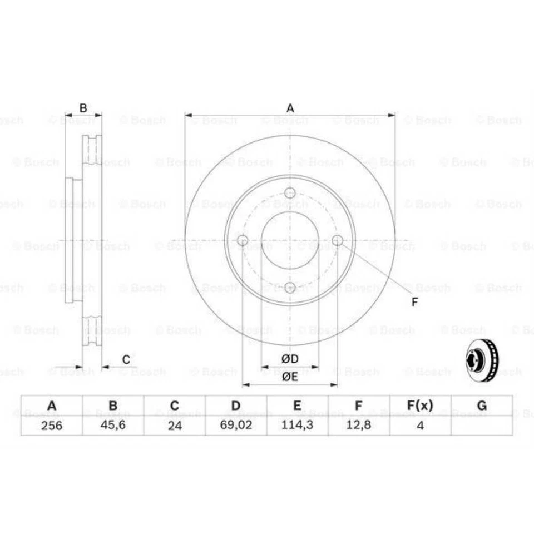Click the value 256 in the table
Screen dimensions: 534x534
click(x=52, y=426)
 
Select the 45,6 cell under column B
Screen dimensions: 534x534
click(x=113, y=426)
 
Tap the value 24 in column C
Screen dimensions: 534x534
click(x=175, y=426)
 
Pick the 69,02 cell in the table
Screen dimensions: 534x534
click(x=236, y=426)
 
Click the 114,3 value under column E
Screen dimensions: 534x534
click(x=298, y=426)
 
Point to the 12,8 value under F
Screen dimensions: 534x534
click(x=359, y=426)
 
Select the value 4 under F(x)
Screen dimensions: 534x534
click(x=421, y=426)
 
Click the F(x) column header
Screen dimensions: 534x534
click(x=421, y=406)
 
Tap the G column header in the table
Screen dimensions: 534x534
click(x=482, y=406)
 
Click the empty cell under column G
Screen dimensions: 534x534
click(x=482, y=426)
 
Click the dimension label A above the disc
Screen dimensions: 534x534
click(x=290, y=108)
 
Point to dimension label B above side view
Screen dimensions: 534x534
click(x=83, y=108)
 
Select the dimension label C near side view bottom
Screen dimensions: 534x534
click(x=126, y=360)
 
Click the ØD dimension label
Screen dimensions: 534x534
click(x=290, y=359)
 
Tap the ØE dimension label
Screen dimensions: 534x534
click(x=290, y=377)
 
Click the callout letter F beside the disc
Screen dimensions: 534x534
click(x=414, y=302)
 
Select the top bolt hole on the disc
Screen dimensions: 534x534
click(x=290, y=193)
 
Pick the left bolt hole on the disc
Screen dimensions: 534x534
click(x=242, y=240)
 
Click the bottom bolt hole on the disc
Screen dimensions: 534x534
click(x=290, y=288)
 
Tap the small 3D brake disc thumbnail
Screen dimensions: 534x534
click(x=479, y=360)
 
